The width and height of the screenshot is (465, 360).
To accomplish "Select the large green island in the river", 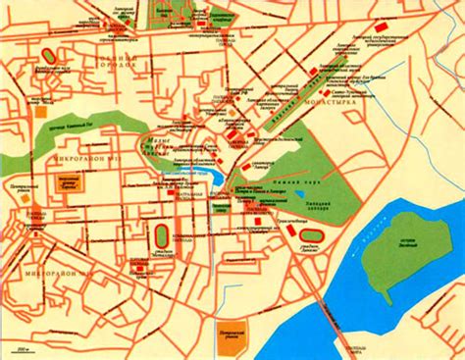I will tap(392, 256).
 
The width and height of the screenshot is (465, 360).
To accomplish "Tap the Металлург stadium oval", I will tap(161, 236).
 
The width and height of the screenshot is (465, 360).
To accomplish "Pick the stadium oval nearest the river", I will tap(311, 235).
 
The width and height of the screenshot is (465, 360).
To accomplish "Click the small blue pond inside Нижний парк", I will tap(301, 194).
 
